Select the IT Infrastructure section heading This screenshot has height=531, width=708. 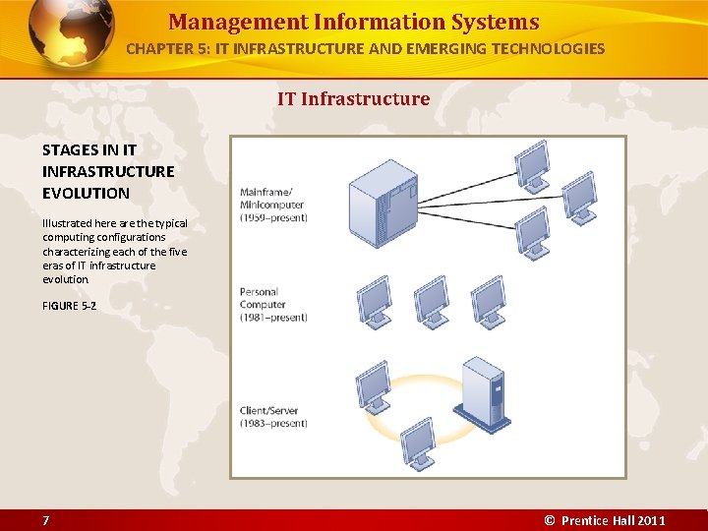coord(353,98)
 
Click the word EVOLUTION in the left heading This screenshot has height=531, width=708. coord(86,193)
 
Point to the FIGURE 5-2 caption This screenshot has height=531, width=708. coord(69,307)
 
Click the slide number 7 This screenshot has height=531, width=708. coord(46,520)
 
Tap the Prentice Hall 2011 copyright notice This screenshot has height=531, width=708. coord(605,520)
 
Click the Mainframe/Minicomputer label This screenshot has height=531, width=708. coord(271,199)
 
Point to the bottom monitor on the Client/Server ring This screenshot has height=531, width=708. coord(417,442)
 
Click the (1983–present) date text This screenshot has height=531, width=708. coord(273,424)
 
